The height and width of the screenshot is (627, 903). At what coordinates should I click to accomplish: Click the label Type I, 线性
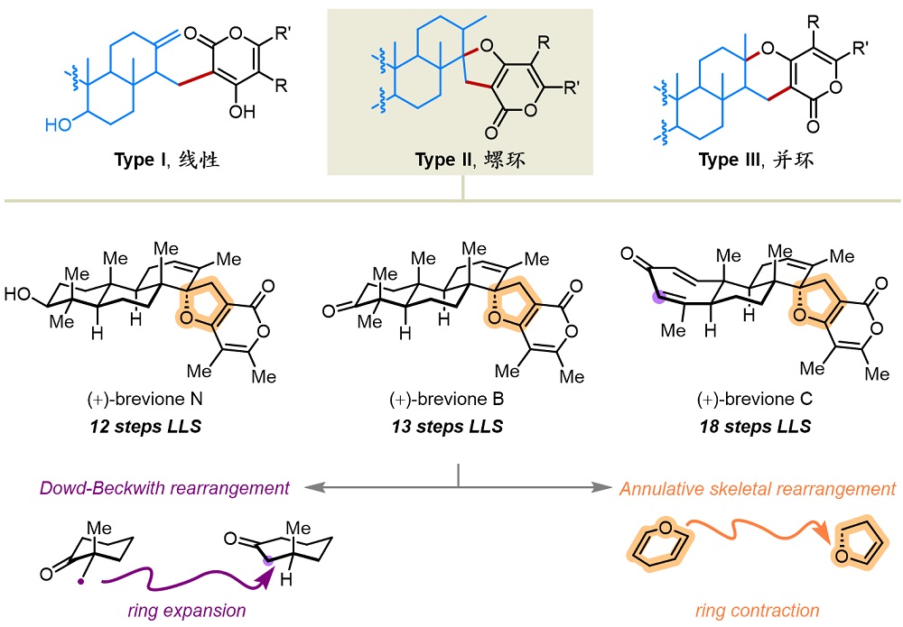tap(167, 161)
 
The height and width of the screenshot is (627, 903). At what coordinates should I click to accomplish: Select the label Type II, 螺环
tap(462, 161)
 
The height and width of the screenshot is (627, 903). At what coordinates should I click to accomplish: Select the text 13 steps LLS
tap(451, 426)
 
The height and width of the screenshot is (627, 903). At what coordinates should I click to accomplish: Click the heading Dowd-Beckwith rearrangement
tap(163, 488)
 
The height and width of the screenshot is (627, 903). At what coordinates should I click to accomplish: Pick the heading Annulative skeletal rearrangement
tap(756, 488)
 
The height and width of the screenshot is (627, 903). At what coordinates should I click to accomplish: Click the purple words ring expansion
tap(184, 611)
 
